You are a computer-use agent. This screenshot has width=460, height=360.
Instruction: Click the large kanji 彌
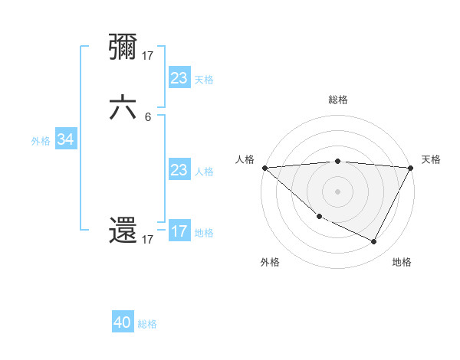coord(123,47)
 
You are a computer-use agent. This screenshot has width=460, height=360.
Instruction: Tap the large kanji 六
coord(123,108)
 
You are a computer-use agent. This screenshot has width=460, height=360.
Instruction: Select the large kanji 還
coord(123,231)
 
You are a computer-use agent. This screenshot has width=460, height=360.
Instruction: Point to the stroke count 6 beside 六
coord(148,116)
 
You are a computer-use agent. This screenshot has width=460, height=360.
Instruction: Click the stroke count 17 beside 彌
coord(148,55)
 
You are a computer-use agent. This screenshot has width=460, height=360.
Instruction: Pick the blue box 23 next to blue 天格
coord(179,77)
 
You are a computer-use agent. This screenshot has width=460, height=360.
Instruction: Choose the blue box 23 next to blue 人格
coord(179,169)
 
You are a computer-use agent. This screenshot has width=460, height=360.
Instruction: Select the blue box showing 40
coord(123,322)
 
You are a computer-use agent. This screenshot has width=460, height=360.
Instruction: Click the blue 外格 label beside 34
coord(41,141)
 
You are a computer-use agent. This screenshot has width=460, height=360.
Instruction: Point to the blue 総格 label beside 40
coord(147,324)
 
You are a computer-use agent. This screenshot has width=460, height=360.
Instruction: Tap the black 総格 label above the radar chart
coord(337,100)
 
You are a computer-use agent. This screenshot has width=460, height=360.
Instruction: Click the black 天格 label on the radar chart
coord(431,159)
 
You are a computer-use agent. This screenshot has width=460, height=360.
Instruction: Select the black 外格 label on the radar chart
coord(270,262)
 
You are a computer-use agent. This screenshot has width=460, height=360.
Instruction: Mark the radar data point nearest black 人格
coord(264,167)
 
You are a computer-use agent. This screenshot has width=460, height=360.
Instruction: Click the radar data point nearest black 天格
coord(411,167)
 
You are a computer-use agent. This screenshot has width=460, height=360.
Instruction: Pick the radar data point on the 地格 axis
coord(374,241)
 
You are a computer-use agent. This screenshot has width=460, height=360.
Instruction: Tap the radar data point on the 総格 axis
coord(337,161)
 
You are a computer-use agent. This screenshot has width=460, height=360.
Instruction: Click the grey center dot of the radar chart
coord(337,191)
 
